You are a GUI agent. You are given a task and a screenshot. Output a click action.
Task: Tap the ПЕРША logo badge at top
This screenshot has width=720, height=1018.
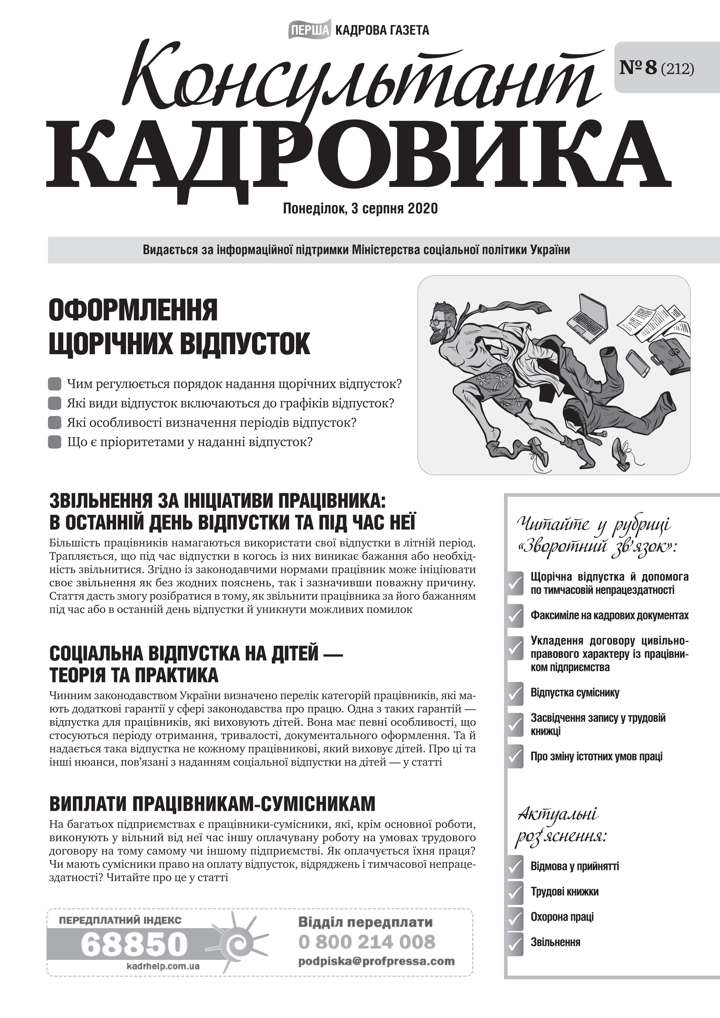click(x=309, y=30)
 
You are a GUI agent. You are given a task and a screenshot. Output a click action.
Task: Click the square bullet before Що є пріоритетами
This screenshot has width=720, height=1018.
click(x=55, y=442)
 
